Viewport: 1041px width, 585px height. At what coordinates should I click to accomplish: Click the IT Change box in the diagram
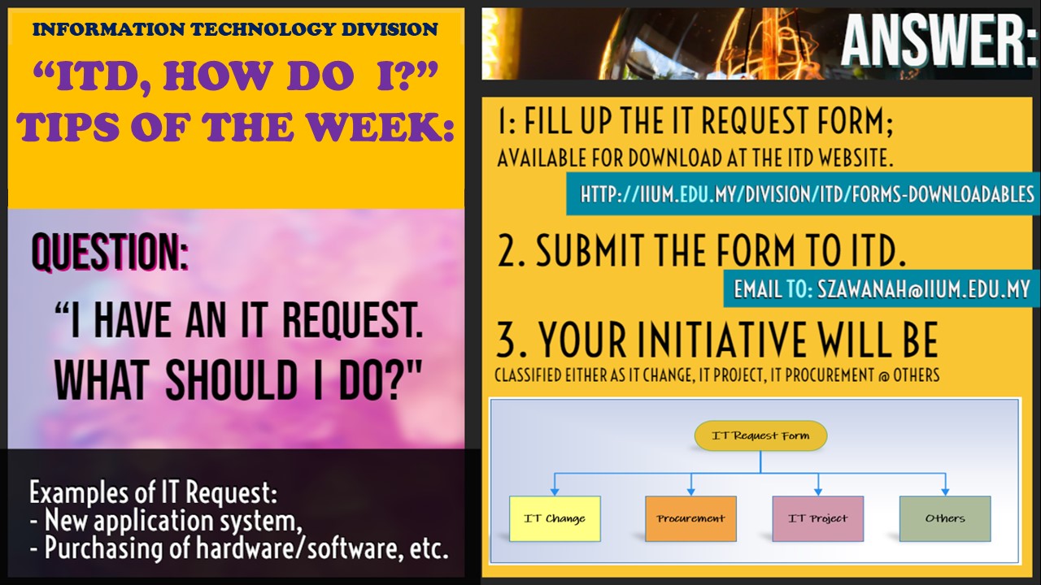click(555, 518)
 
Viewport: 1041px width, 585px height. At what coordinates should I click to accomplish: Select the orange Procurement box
click(690, 518)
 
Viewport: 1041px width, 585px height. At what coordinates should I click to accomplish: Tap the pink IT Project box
click(817, 518)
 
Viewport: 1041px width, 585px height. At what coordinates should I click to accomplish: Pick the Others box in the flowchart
click(945, 518)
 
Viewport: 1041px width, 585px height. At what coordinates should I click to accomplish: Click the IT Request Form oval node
click(760, 436)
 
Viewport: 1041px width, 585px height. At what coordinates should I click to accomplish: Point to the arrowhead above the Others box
click(945, 491)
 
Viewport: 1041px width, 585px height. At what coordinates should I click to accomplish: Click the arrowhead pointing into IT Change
click(555, 491)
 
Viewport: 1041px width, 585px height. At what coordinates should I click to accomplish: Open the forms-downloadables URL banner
click(807, 195)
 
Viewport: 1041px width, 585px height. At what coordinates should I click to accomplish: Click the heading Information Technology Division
click(235, 30)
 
